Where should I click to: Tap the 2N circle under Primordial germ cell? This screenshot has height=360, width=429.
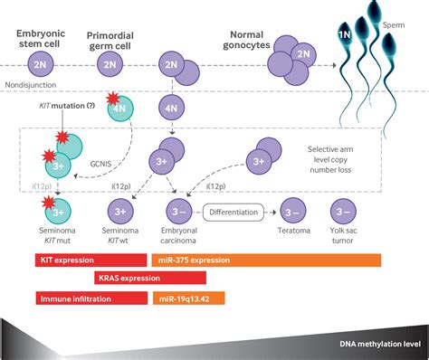pyautogui.click(x=109, y=66)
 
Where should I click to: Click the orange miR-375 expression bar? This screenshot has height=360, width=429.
pyautogui.click(x=278, y=260)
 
